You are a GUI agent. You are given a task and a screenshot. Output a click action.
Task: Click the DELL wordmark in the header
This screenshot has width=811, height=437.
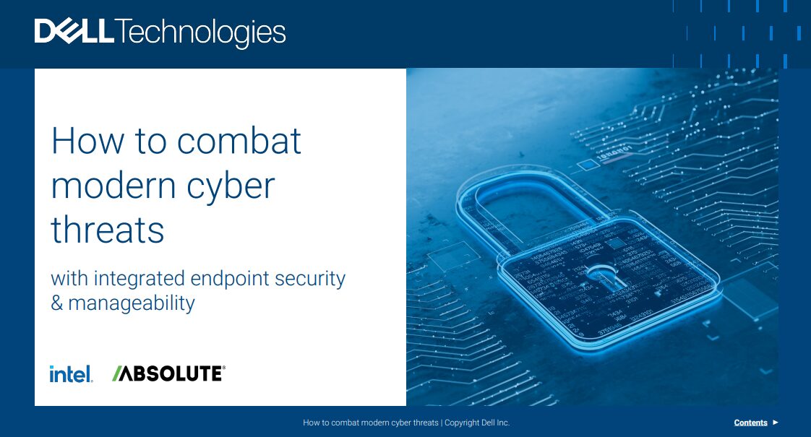74,32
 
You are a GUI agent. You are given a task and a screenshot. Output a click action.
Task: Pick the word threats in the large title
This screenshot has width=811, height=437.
108,230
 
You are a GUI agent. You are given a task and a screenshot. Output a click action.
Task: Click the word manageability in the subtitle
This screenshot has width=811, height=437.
132,303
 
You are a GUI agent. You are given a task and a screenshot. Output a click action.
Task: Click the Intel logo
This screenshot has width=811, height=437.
71,374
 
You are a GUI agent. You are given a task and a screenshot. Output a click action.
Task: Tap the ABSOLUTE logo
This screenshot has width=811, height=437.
173,373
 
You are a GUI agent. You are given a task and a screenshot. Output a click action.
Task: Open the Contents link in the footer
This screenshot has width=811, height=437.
750,423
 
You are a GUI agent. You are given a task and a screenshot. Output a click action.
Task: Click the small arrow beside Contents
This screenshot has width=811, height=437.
776,423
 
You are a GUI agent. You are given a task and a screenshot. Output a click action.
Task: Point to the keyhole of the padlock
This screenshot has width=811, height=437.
596,277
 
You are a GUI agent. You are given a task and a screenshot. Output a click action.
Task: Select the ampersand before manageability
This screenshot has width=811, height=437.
57,303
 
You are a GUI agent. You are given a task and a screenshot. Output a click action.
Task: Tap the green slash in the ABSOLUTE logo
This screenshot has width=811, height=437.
116,373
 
